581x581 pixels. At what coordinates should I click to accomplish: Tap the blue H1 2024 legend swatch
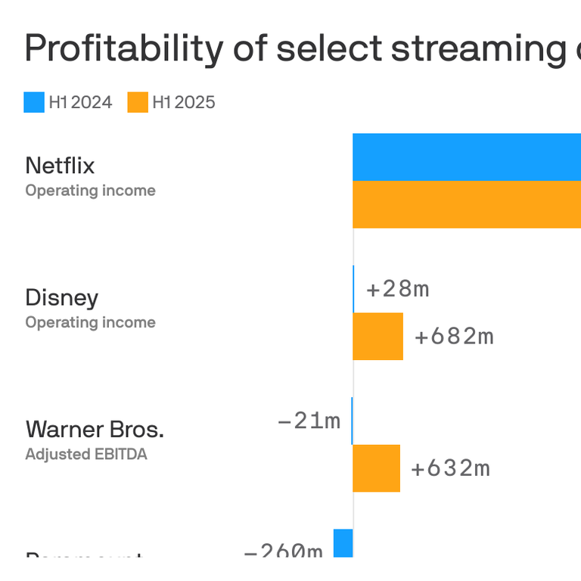coord(34,102)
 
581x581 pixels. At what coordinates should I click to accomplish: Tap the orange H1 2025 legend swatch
coord(138,102)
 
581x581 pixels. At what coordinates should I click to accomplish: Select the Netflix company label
coord(61,165)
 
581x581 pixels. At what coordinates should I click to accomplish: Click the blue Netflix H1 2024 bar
coord(466,157)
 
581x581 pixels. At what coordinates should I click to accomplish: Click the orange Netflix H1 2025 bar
coord(466,204)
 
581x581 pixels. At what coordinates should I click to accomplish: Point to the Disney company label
coord(62,297)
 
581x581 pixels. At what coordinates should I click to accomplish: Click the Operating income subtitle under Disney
coord(90,322)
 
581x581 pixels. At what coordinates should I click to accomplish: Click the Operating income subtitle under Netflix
coord(90,191)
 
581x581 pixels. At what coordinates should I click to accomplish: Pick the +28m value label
coord(397,289)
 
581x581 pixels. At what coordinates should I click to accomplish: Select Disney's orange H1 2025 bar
coord(377,336)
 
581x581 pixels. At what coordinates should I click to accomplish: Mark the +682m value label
coord(454,336)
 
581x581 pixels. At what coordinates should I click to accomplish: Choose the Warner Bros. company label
coord(95,429)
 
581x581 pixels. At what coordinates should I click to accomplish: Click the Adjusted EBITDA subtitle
coord(86,455)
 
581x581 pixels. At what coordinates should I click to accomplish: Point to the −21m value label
coord(309,421)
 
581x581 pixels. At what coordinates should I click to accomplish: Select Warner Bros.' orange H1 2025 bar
coord(376,468)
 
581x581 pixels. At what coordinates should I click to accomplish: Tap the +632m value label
coord(450,468)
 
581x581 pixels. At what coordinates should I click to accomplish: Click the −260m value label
coord(283,550)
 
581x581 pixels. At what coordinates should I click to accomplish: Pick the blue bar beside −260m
coord(343,543)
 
